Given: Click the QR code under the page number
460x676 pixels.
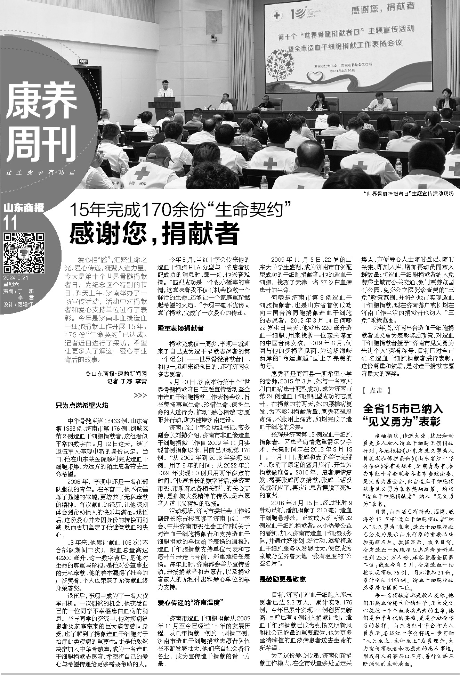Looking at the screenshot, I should [x=24, y=253].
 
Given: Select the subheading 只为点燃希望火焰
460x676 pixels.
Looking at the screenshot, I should [x=82, y=405].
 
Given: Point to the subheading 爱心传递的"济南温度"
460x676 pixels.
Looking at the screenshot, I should [x=190, y=602].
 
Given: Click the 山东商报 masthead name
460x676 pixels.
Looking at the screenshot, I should [x=24, y=208].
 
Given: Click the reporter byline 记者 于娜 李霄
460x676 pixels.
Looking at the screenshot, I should [x=126, y=381].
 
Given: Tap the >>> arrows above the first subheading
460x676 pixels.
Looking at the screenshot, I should [x=140, y=396].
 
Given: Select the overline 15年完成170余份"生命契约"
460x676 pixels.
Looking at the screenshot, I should [x=180, y=210].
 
